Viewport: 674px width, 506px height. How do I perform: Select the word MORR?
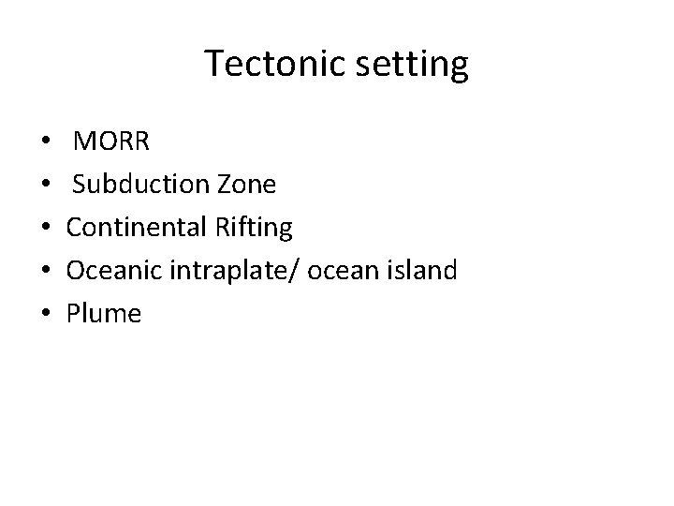coord(110,141)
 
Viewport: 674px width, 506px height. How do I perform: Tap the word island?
coord(421,271)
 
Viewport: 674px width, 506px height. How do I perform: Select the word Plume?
coord(104,314)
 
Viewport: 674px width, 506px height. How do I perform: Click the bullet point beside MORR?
coord(48,143)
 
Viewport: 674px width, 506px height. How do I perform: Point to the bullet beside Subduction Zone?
coord(48,186)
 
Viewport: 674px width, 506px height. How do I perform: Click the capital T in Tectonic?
coord(213,65)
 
